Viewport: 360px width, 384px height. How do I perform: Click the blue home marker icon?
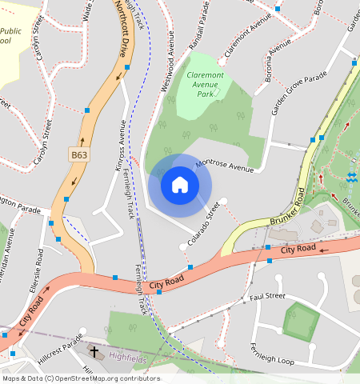[180, 186]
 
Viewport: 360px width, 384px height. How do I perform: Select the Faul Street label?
[267, 296]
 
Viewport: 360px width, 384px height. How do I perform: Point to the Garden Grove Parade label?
[299, 93]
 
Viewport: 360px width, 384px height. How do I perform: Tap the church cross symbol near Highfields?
[94, 352]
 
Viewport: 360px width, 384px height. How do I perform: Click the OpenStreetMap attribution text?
[81, 378]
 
